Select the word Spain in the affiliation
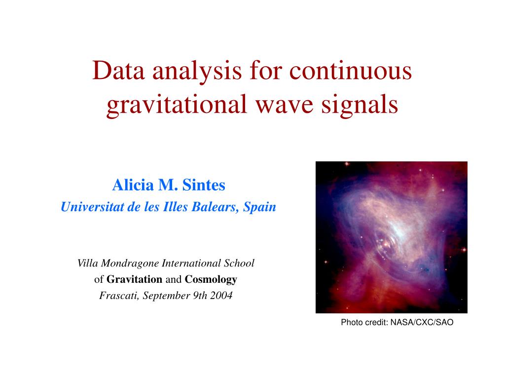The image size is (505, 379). pyautogui.click(x=260, y=207)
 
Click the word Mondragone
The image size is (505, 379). pyautogui.click(x=131, y=264)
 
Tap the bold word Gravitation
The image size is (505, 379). pyautogui.click(x=135, y=280)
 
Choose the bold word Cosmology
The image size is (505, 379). pyautogui.click(x=211, y=280)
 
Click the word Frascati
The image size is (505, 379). pyautogui.click(x=118, y=296)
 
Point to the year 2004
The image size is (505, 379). pyautogui.click(x=220, y=296)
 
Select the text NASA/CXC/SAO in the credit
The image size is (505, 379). pyautogui.click(x=422, y=323)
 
